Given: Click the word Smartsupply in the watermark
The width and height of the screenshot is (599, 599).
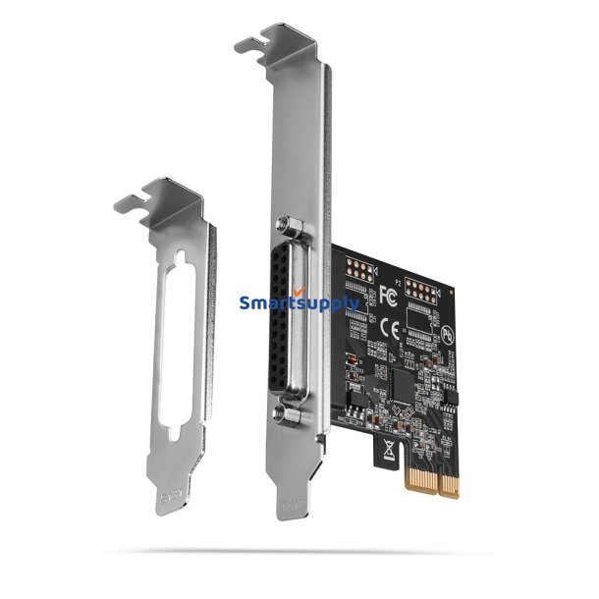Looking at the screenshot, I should click(x=295, y=303).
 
